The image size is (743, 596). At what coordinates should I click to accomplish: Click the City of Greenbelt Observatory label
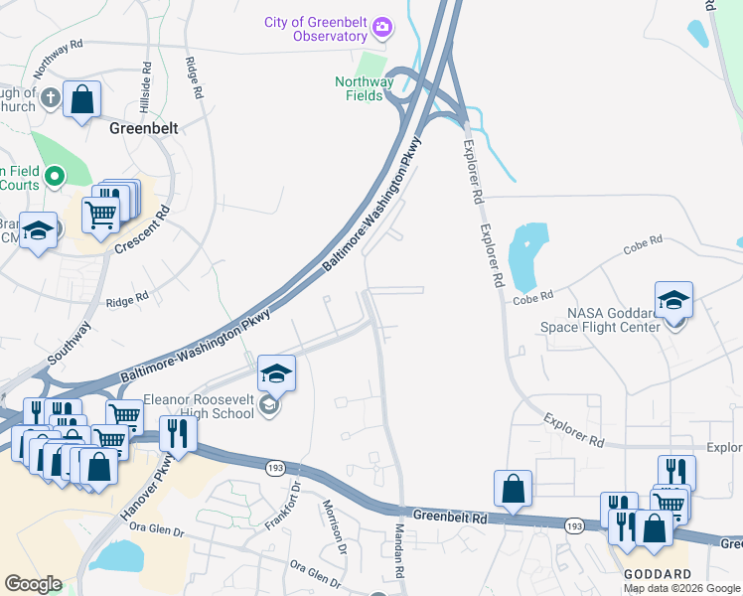[x=315, y=29]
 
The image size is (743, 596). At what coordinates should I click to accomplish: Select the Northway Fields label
[x=365, y=89]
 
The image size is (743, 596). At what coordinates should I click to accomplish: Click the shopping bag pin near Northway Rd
[x=82, y=100]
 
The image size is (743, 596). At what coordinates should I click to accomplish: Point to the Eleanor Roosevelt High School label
[x=199, y=406]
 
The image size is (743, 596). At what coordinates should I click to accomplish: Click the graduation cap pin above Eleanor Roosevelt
[x=277, y=374]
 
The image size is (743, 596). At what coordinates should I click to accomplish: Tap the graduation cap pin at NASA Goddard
[x=673, y=300]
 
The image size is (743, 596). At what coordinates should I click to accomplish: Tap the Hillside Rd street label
[x=146, y=86]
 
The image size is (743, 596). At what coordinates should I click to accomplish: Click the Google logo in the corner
[x=33, y=584]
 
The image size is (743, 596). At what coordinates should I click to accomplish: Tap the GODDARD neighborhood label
[x=657, y=575]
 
